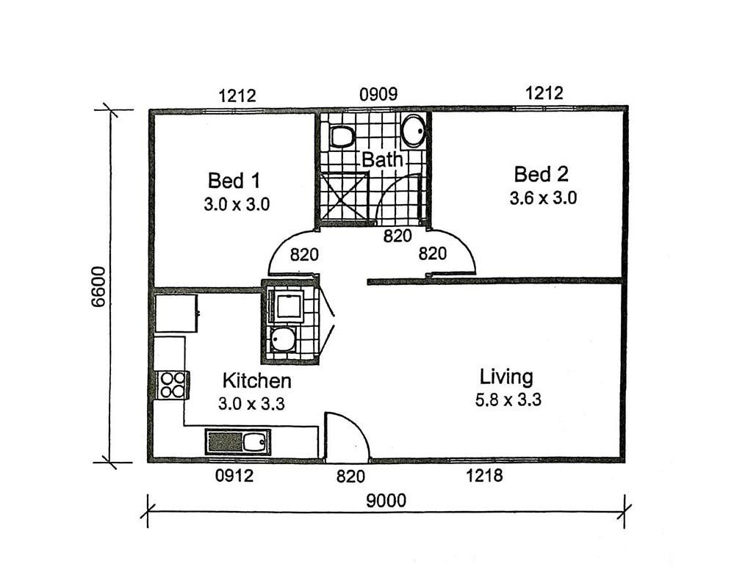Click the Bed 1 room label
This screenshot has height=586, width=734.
click(234, 181)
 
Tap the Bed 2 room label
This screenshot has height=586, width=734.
click(541, 175)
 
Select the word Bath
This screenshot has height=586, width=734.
click(382, 160)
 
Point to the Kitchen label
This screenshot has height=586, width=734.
click(257, 380)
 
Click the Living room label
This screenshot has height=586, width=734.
click(506, 377)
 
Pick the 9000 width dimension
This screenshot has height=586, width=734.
click(386, 501)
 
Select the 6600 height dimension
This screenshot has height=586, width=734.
click(98, 286)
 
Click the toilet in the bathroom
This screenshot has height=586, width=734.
click(342, 137)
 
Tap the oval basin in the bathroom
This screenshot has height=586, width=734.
click(414, 131)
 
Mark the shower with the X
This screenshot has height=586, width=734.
click(344, 196)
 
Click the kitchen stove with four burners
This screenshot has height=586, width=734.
click(172, 385)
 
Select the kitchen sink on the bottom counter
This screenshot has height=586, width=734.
click(238, 442)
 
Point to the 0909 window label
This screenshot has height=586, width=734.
click(378, 95)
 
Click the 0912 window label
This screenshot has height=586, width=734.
click(234, 476)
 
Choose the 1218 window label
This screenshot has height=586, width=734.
click(484, 476)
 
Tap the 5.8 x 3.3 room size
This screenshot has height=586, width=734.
click(508, 400)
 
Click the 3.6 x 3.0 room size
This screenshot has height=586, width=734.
click(543, 198)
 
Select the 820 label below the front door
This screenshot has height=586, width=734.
click(350, 477)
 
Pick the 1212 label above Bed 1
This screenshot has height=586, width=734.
click(237, 96)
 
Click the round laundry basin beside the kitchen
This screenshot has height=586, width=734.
click(283, 339)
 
